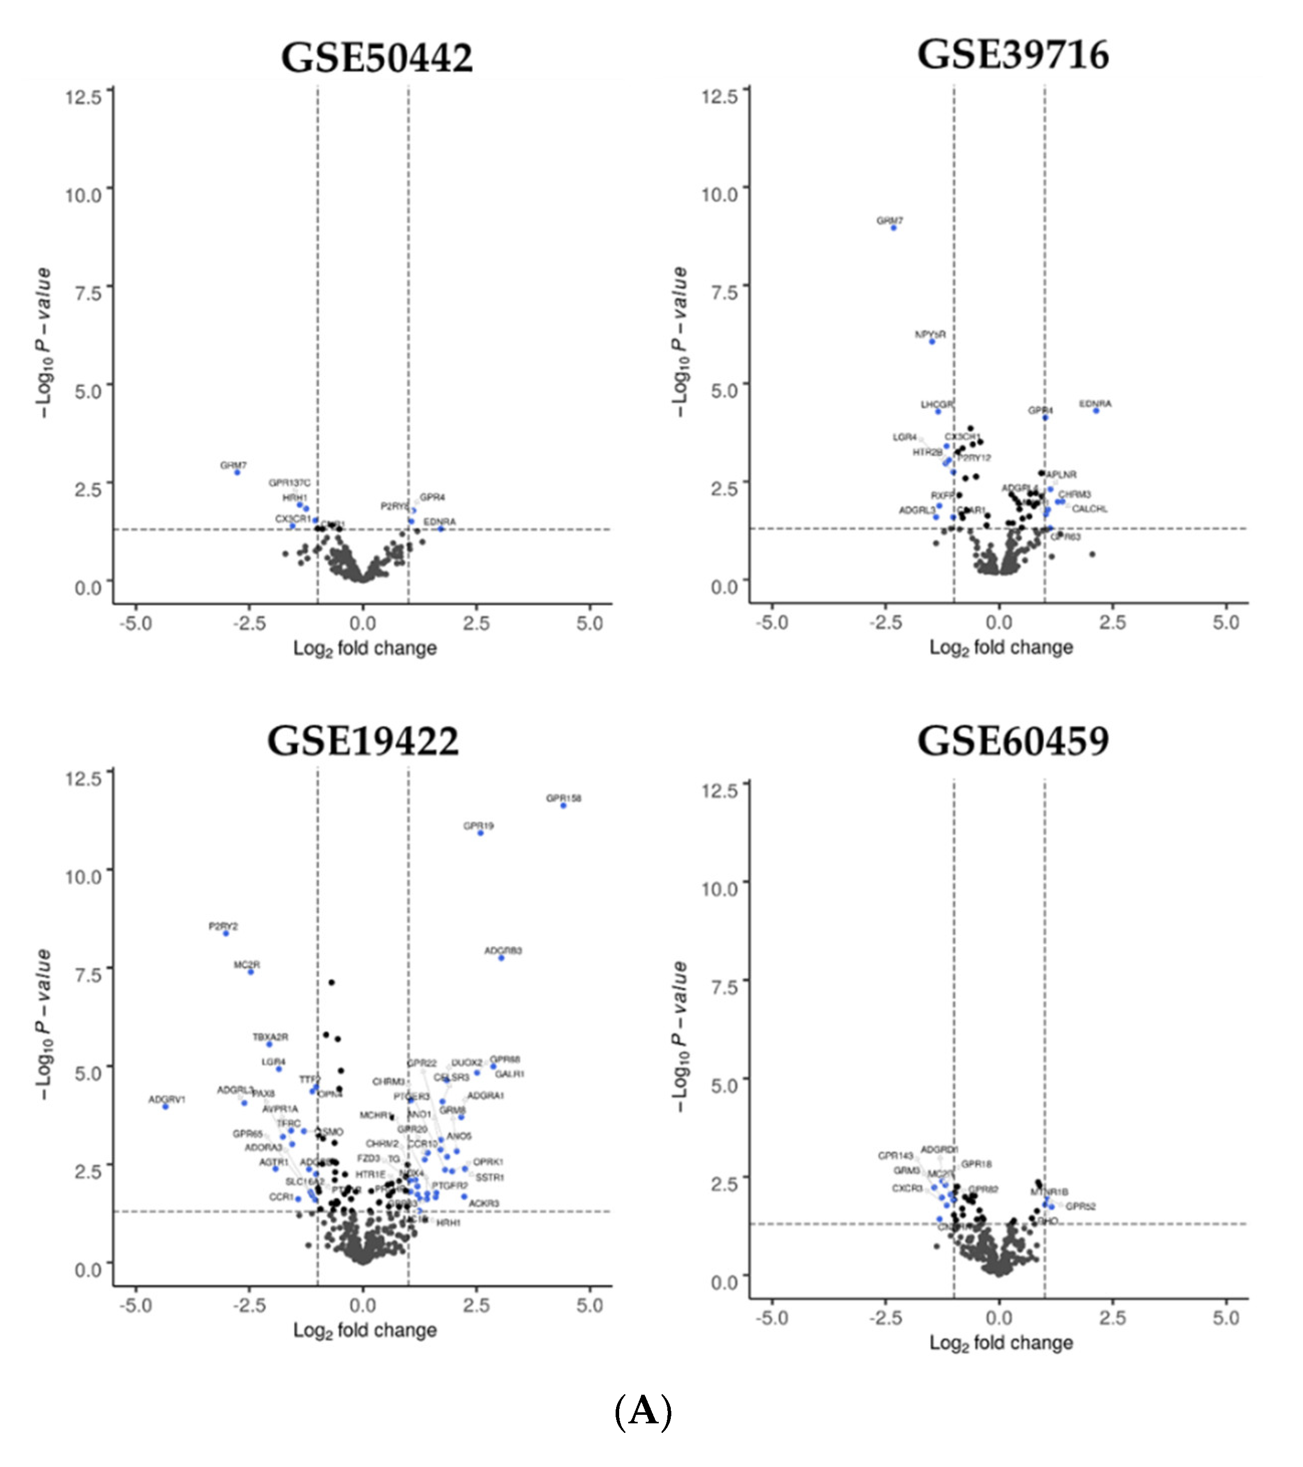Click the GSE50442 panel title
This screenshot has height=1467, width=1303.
(x=377, y=57)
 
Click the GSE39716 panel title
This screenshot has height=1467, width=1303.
(x=1012, y=55)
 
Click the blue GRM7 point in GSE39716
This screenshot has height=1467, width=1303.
(x=893, y=228)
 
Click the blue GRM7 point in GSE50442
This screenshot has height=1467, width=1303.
(x=237, y=472)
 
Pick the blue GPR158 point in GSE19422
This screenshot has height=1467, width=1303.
(x=563, y=806)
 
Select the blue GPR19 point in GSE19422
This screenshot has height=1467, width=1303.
(x=481, y=833)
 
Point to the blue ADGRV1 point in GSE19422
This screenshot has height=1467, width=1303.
(x=166, y=1107)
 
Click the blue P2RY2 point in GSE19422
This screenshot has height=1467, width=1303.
(x=226, y=933)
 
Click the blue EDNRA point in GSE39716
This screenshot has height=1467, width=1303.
(x=1096, y=411)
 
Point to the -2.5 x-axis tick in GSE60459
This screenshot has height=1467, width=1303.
(x=886, y=1318)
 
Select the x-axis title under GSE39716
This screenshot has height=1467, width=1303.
(x=1001, y=647)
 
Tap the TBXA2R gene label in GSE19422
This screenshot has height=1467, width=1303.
(x=270, y=1037)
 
